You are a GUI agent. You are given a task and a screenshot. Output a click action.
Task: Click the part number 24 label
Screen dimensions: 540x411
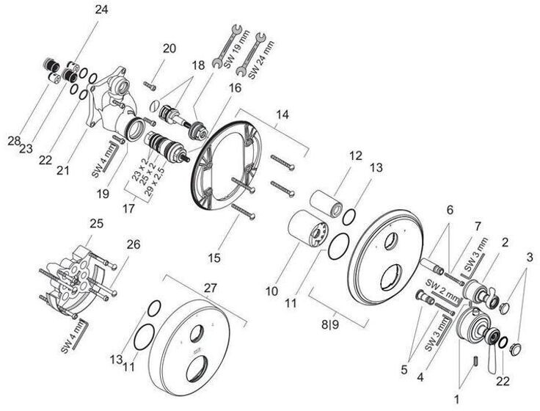(x=101, y=10)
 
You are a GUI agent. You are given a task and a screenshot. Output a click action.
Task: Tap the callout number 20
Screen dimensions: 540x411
(x=169, y=48)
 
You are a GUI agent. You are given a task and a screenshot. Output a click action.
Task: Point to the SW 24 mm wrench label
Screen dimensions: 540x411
(x=261, y=60)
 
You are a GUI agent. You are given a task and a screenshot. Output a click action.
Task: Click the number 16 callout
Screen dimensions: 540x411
(x=236, y=88)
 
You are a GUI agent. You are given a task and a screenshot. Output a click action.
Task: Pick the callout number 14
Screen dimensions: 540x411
(x=282, y=114)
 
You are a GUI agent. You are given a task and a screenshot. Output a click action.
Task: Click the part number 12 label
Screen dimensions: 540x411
(x=356, y=156)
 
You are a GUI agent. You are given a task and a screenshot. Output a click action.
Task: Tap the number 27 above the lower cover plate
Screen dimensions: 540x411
(x=211, y=288)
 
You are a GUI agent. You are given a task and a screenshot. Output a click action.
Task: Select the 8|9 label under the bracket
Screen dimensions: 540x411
(x=330, y=324)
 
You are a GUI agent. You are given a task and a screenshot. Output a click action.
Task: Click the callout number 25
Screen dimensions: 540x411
(x=96, y=224)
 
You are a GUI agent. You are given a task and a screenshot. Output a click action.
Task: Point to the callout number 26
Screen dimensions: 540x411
(x=134, y=244)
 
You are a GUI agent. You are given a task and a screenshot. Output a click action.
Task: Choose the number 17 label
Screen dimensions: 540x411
(x=128, y=208)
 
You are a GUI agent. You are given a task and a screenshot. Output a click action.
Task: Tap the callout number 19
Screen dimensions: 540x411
(x=103, y=194)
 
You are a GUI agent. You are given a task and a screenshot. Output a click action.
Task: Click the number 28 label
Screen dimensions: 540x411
(x=14, y=141)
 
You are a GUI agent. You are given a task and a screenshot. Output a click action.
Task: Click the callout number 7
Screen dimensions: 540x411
(x=478, y=227)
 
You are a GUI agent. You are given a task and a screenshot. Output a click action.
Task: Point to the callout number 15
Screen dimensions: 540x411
(x=214, y=258)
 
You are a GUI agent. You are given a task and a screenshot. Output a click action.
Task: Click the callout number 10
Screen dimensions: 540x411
(x=271, y=291)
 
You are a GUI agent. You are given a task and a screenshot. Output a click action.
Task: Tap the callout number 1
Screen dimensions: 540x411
(x=456, y=400)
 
